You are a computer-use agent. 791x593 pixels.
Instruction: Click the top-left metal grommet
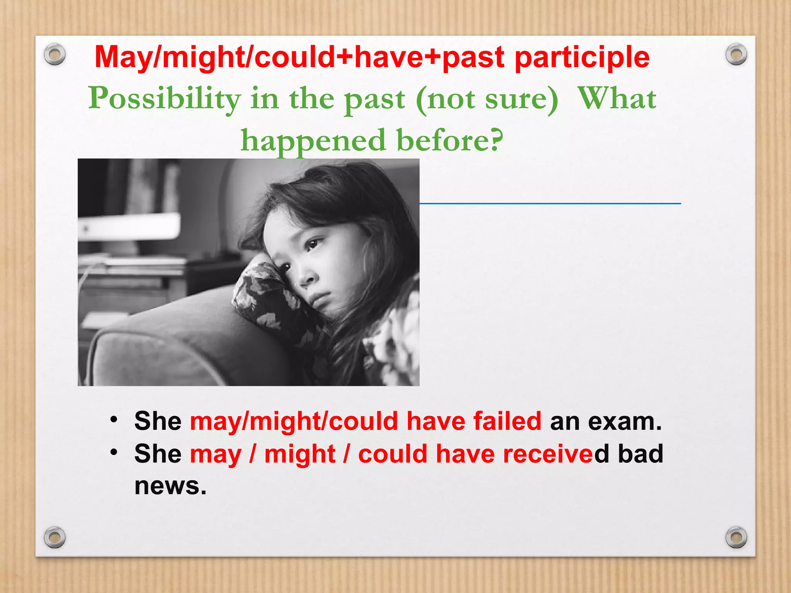(55, 54)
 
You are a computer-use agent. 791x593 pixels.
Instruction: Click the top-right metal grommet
(736, 54)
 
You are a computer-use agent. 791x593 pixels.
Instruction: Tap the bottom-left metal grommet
(55, 537)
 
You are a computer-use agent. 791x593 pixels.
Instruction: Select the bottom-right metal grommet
(736, 537)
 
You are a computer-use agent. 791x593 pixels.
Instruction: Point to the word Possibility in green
(165, 98)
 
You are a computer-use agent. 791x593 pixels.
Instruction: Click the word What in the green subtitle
(617, 98)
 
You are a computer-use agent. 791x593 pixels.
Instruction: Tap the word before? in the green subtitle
(450, 140)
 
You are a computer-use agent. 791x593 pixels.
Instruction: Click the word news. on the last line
(170, 486)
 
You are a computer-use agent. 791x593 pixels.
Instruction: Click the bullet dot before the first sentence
(113, 419)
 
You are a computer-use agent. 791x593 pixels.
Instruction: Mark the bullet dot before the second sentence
(113, 452)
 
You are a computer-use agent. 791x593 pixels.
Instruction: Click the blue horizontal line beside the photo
(550, 203)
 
